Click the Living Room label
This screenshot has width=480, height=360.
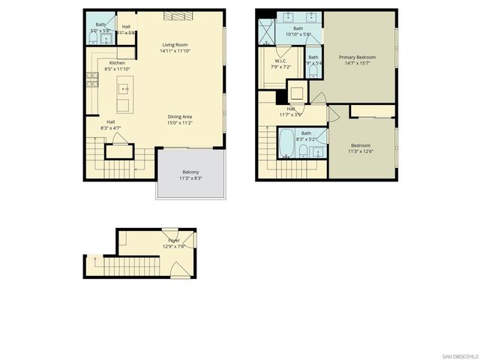click(x=174, y=45)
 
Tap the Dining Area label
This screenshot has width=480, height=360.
click(x=180, y=116)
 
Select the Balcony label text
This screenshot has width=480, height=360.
click(x=190, y=172)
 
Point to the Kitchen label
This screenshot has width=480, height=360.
click(x=117, y=63)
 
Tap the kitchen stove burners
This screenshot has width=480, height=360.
click(x=93, y=79)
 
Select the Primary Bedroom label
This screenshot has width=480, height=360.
click(x=357, y=57)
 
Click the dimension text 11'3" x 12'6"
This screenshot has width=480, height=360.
click(x=360, y=152)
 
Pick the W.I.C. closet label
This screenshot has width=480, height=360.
click(x=281, y=61)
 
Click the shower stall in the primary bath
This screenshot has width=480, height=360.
click(x=267, y=31)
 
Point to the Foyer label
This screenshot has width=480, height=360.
click(x=174, y=240)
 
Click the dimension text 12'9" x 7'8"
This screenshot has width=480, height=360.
click(x=174, y=246)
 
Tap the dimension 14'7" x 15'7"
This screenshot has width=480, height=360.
click(x=357, y=64)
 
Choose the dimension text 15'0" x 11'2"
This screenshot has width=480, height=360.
click(x=180, y=123)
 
